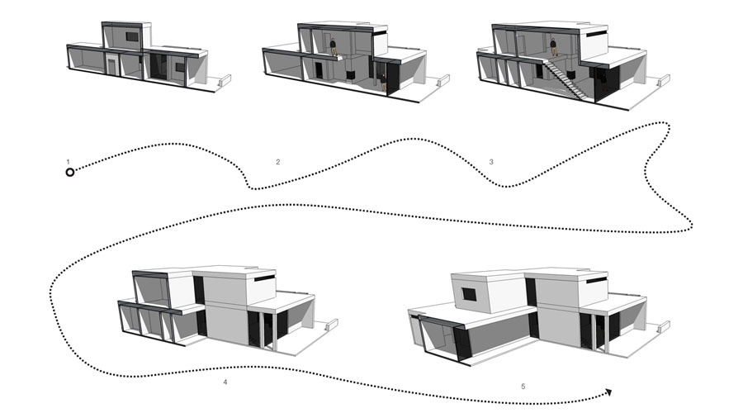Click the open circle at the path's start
[70, 172]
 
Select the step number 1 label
[69, 160]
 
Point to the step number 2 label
[277, 162]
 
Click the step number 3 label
[491, 162]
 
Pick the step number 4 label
[225, 382]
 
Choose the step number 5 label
[523, 386]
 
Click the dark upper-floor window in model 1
[131, 37]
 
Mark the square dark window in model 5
[468, 293]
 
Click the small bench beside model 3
[661, 81]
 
